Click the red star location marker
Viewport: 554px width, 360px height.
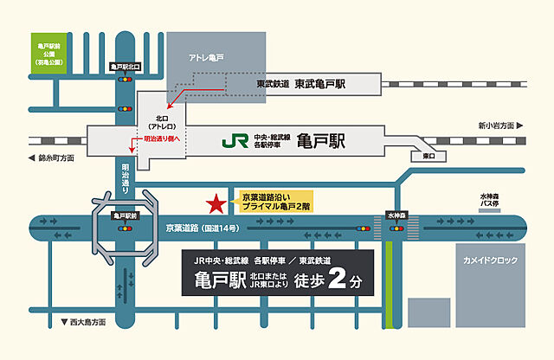click(x=213, y=205)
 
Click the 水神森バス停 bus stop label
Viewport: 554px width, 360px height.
click(x=491, y=202)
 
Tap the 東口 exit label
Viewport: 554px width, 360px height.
click(x=428, y=157)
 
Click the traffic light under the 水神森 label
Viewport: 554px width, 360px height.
click(x=396, y=228)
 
